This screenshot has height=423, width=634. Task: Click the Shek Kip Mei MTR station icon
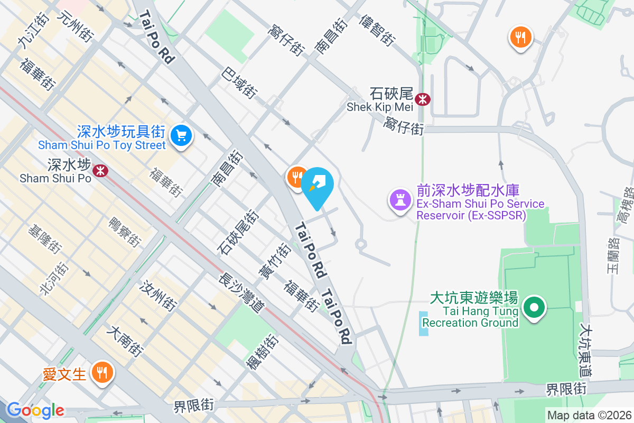(x=423, y=99)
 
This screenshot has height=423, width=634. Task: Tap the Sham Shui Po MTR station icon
(x=99, y=170)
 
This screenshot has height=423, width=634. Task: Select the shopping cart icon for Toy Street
(x=181, y=136)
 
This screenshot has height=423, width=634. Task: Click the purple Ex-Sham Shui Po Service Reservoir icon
(x=400, y=200)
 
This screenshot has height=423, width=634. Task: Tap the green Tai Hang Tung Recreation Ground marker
(x=534, y=307)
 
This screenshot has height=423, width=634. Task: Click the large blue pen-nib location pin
(x=319, y=186)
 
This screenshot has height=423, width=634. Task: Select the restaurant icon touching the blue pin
(x=296, y=176)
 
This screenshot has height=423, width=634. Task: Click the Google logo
(x=35, y=410)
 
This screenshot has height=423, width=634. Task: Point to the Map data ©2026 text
(x=589, y=415)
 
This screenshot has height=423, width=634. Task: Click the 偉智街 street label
(x=377, y=30)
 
